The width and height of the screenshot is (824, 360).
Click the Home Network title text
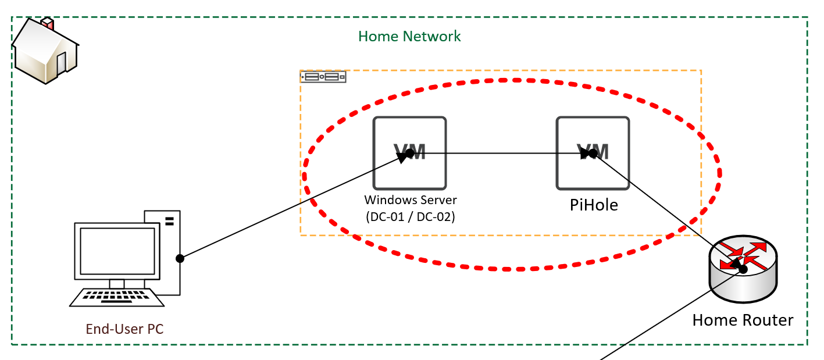pyautogui.click(x=409, y=37)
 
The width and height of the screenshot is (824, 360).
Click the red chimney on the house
pyautogui.click(x=48, y=23)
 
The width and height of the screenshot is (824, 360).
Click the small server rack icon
pyautogui.click(x=323, y=77)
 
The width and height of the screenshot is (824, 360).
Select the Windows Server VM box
pyautogui.click(x=409, y=153)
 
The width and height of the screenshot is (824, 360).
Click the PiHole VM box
pyautogui.click(x=593, y=153)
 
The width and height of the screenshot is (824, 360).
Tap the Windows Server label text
pyautogui.click(x=411, y=200)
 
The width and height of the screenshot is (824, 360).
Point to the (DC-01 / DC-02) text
pyautogui.click(x=411, y=217)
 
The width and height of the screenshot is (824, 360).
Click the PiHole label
pyautogui.click(x=594, y=205)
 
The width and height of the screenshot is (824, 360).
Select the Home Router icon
pyautogui.click(x=743, y=269)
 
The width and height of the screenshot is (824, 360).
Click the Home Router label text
pyautogui.click(x=743, y=320)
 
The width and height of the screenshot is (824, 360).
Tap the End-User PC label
pyautogui.click(x=124, y=329)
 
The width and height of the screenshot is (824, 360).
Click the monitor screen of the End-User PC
pyautogui.click(x=117, y=251)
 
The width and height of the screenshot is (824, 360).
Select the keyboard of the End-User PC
pyautogui.click(x=117, y=297)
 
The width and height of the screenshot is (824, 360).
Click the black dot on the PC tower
pyautogui.click(x=180, y=258)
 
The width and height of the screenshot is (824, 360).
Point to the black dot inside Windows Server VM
pyautogui.click(x=410, y=154)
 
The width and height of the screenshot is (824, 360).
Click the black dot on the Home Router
pyautogui.click(x=743, y=269)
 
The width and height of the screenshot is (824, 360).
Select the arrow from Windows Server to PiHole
pyautogui.click(x=501, y=154)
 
